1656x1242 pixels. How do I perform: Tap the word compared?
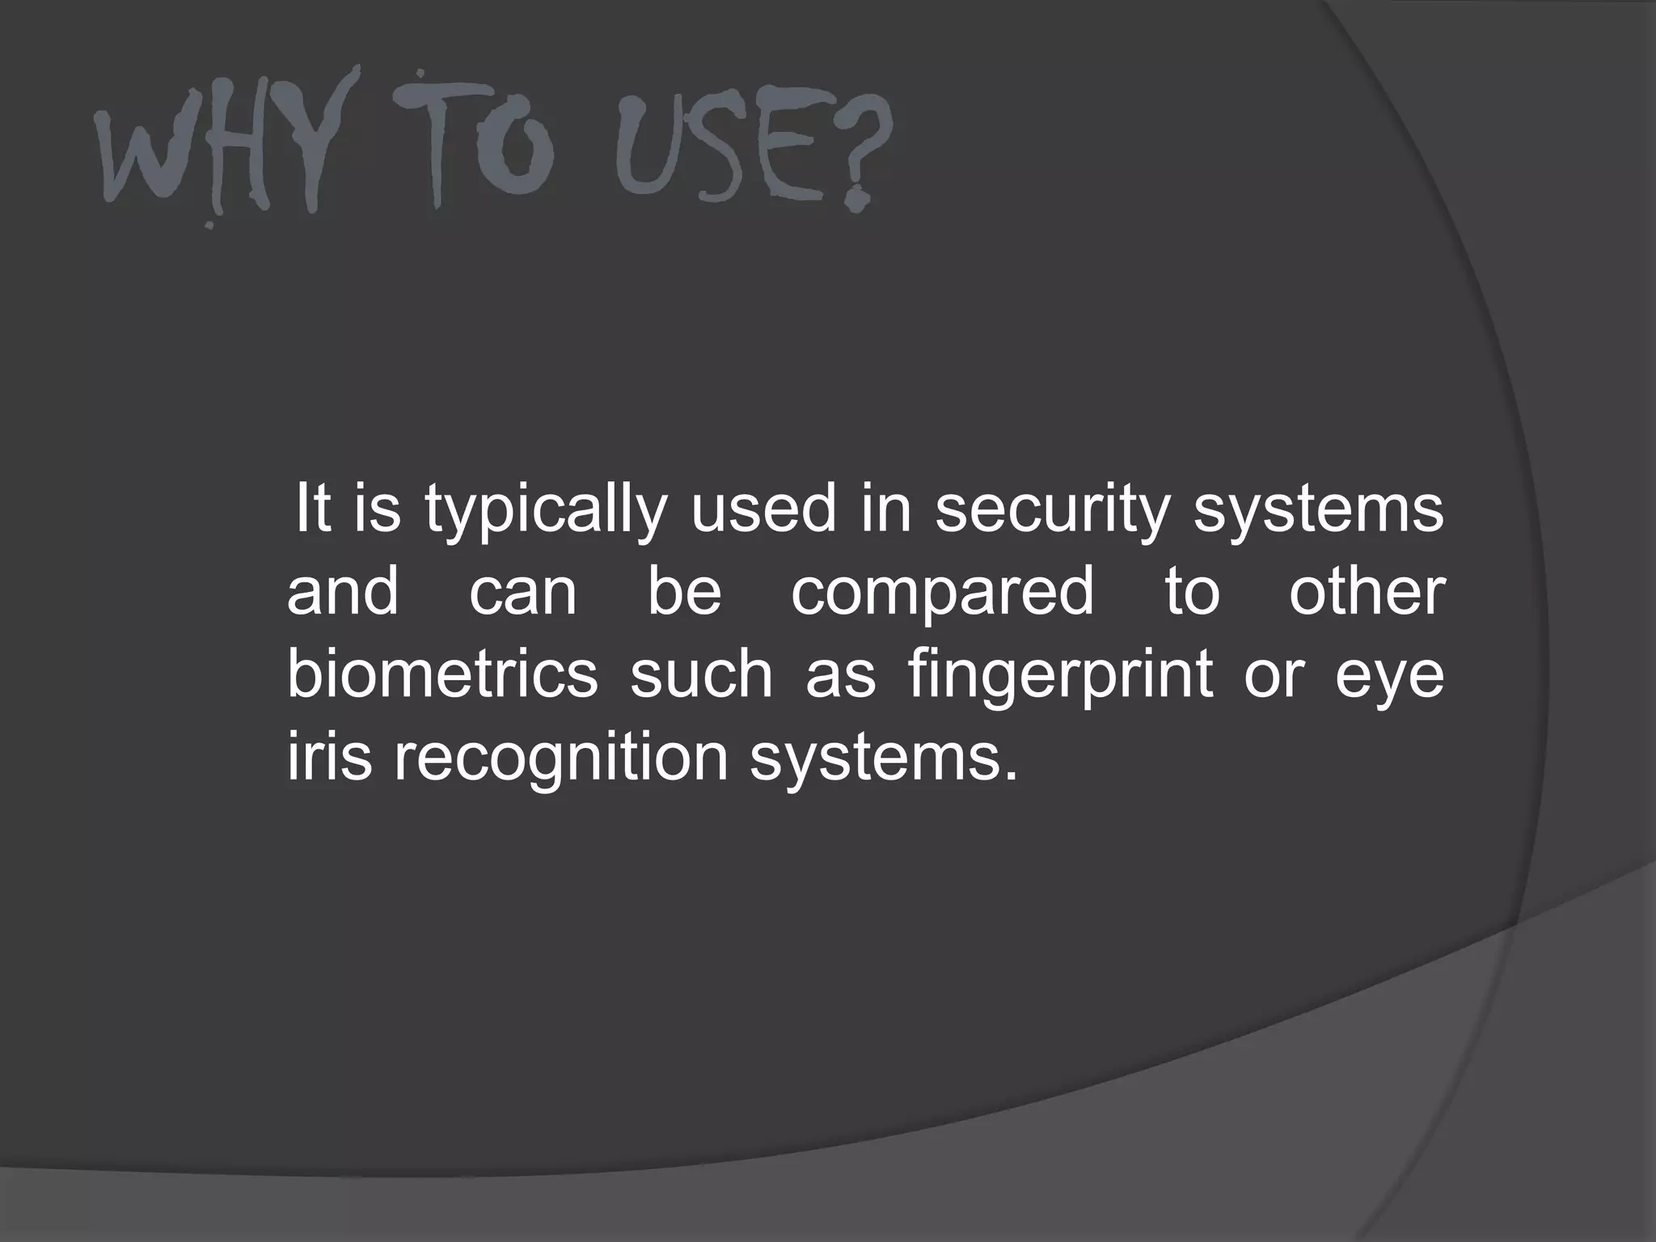942,591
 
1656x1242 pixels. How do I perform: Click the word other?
1366,591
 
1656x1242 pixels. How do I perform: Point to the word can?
523,593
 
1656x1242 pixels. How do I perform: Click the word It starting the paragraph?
314,509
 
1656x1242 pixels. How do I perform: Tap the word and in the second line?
343,591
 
